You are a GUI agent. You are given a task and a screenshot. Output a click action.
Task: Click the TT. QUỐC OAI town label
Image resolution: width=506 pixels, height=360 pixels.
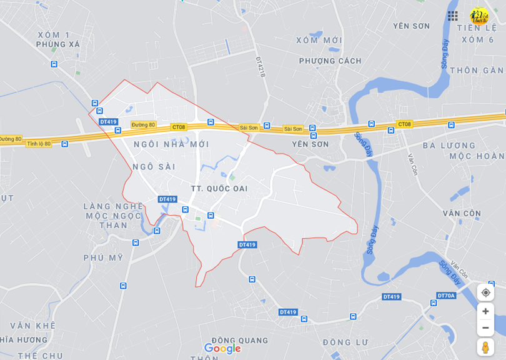[219, 189]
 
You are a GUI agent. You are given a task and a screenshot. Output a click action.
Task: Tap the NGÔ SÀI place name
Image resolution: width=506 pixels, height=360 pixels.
[154, 167]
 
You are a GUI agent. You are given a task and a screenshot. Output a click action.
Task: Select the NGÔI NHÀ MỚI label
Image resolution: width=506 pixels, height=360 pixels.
[171, 144]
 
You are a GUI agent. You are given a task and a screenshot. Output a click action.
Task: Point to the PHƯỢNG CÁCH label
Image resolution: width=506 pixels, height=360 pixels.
[330, 61]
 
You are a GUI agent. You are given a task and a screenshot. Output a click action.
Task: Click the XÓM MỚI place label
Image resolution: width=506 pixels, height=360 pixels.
[319, 40]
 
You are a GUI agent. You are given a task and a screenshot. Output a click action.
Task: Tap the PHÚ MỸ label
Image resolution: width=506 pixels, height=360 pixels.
[103, 257]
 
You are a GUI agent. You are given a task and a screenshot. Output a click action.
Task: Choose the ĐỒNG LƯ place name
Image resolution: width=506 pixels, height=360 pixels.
[345, 342]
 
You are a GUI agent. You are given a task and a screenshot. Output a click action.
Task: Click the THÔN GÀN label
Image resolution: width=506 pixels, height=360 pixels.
[477, 71]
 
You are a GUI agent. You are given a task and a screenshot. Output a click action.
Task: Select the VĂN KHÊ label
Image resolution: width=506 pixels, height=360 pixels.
[32, 326]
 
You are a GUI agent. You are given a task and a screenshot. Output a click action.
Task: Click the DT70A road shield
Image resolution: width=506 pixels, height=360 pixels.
[447, 296]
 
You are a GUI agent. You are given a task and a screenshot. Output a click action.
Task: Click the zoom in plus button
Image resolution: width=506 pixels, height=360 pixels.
[485, 311]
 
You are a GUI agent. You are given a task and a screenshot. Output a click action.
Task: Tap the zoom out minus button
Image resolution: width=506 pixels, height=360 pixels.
[485, 327]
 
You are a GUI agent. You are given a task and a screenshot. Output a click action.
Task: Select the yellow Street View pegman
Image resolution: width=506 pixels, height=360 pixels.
[485, 347]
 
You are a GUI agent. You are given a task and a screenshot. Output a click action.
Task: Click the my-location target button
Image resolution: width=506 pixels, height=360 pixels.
[485, 292]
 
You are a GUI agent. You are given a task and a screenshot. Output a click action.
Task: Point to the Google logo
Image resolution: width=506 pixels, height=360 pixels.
[222, 349]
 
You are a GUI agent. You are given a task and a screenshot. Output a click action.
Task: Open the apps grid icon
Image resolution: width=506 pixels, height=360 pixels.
[453, 16]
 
